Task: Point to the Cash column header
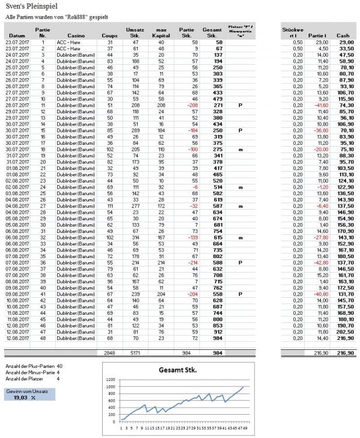(x=344, y=36)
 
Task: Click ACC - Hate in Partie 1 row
(x=69, y=43)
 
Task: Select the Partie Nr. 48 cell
(x=42, y=336)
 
